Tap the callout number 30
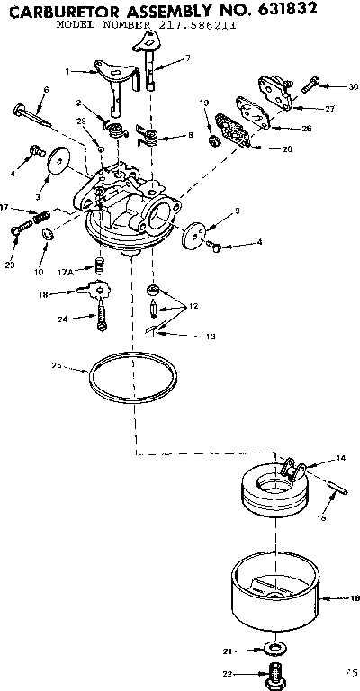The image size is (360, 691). coord(353,86)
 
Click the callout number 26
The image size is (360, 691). coord(307,129)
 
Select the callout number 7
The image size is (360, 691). coord(187,58)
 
